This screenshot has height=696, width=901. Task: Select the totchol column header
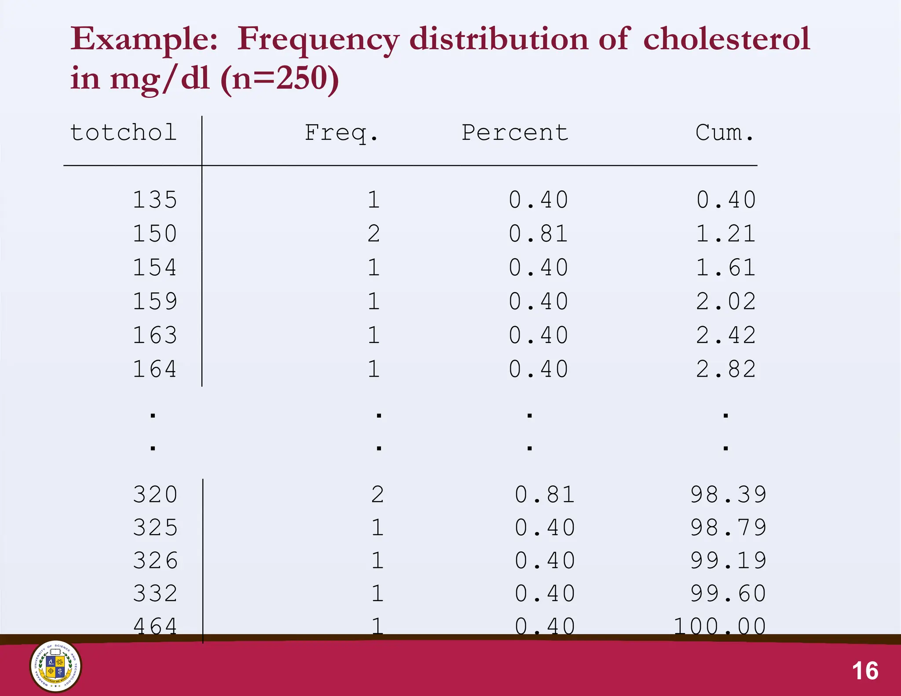tap(124, 133)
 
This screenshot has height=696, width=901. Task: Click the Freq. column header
tap(341, 133)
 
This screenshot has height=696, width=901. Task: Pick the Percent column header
tap(515, 133)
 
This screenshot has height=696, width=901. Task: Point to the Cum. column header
tap(725, 133)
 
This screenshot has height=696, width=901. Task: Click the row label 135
tap(155, 200)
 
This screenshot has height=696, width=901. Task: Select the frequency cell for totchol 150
tap(374, 234)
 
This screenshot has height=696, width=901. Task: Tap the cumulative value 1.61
tap(726, 267)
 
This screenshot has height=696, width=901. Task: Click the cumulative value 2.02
tap(726, 301)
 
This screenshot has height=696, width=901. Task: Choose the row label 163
tap(155, 335)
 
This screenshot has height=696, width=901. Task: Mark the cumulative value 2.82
tap(726, 369)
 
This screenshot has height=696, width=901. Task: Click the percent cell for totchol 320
tap(545, 495)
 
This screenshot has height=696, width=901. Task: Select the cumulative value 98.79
tap(728, 527)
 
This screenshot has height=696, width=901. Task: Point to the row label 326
tap(155, 560)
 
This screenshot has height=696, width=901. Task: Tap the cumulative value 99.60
tap(728, 593)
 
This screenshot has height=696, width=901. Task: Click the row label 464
tap(155, 626)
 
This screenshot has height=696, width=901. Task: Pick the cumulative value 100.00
tap(720, 626)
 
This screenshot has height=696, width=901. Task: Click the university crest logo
tap(55, 667)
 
